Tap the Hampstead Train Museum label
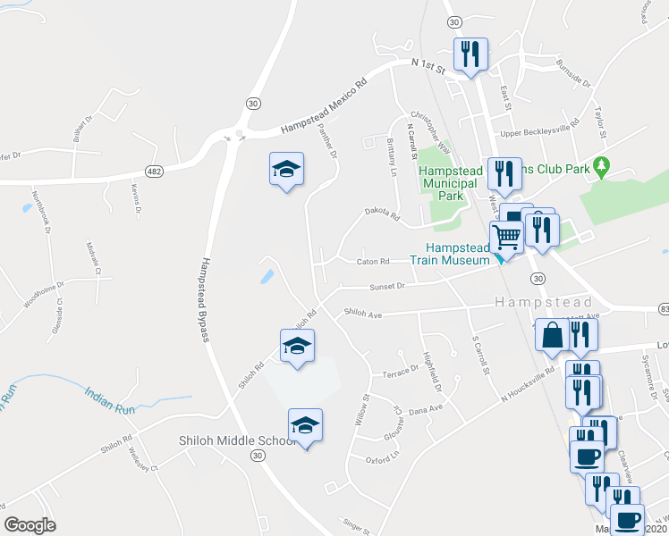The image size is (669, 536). [x=455, y=255]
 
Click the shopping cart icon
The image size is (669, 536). [x=506, y=237]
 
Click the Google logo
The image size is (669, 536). [x=30, y=524]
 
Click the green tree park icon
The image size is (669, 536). [x=603, y=165]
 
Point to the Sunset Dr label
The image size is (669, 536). [x=388, y=287]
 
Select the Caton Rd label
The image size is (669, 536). [x=374, y=262]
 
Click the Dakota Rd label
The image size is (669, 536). [x=381, y=214]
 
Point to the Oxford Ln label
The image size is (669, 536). [x=381, y=459]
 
